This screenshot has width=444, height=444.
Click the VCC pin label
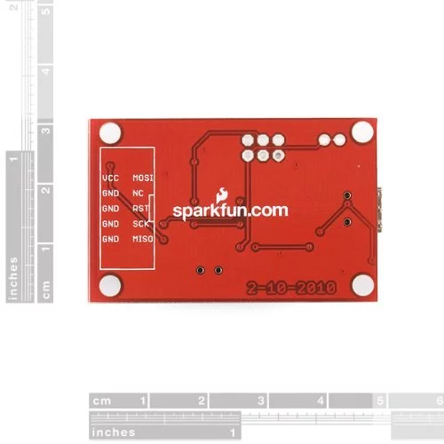[x=110, y=178]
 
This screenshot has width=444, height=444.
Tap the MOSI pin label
[x=143, y=178]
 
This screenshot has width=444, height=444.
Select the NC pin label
[x=138, y=194]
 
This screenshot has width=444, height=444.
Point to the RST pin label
[x=140, y=209]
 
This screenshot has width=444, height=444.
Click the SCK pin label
[x=140, y=224]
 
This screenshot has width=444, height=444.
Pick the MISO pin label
[x=143, y=239]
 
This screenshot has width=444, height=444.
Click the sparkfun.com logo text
[x=230, y=211]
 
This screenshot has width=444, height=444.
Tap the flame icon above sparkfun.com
[x=222, y=195]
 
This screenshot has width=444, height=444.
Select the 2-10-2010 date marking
[x=291, y=288]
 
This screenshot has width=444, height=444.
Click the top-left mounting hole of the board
[x=110, y=133]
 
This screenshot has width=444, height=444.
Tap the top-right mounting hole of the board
[x=362, y=131]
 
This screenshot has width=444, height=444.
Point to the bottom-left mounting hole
[x=110, y=286]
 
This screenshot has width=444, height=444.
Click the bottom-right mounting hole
[x=363, y=285]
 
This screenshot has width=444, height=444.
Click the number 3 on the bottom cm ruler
[x=261, y=400]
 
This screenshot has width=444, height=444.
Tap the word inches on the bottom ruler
[x=114, y=432]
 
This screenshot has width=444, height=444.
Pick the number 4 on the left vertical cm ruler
[x=46, y=71]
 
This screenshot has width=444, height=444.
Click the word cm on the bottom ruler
[x=102, y=401]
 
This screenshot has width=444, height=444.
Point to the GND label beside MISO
[x=110, y=239]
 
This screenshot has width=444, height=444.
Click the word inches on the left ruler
[x=13, y=278]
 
